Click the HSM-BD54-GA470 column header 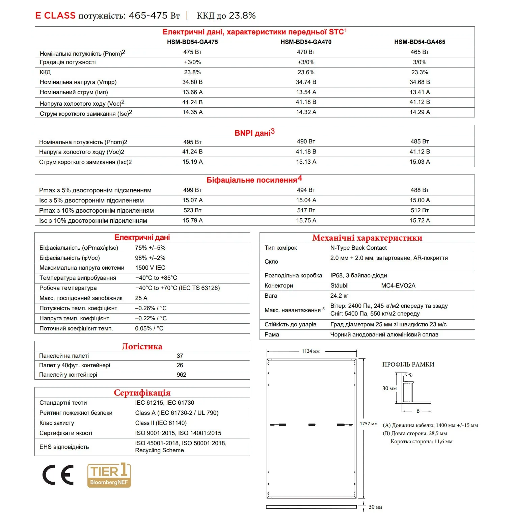coord(306,42)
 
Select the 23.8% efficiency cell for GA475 coord(192,72)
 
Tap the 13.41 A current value coord(420,92)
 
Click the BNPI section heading coord(254,132)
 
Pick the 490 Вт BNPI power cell coord(306,142)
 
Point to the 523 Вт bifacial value coord(192,210)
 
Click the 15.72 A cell coord(420,220)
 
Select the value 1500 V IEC coord(150,268)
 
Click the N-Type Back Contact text coord(358,248)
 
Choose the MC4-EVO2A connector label coord(398,286)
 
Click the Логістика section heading coord(142,347)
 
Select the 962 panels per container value coord(181,375)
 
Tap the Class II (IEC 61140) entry coord(161,423)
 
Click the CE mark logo coord(58,475)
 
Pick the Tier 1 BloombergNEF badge coord(109,475)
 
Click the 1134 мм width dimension coord(310,351)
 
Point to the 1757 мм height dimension coord(369,424)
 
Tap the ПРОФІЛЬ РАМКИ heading coord(408,364)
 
